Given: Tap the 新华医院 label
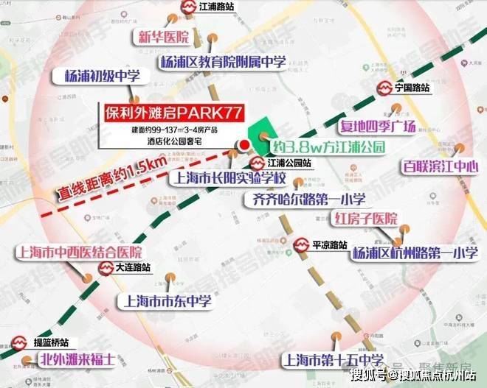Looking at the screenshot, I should pos(159,37).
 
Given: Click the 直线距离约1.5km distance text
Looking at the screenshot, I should pos(109,183).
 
